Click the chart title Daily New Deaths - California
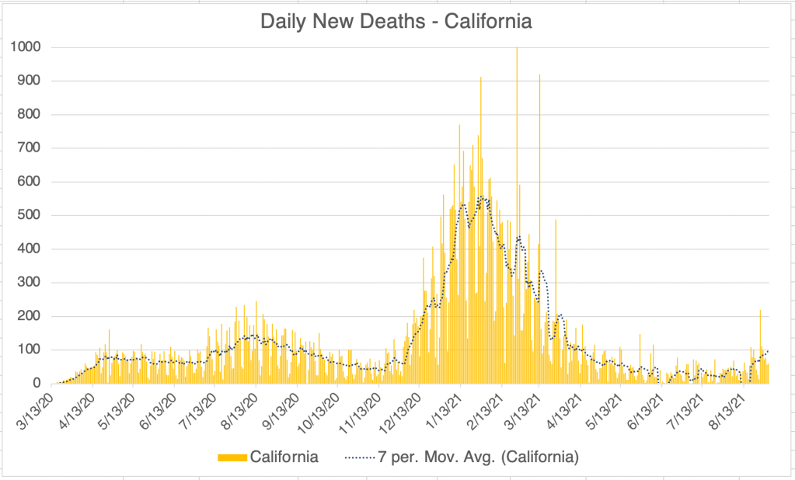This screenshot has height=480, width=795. click(396, 21)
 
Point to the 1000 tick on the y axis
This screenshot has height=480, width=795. click(26, 47)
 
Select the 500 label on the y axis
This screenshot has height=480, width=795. click(30, 215)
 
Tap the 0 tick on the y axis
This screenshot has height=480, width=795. click(37, 384)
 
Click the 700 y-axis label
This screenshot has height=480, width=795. click(30, 148)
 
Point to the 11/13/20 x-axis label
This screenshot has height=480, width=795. click(361, 412)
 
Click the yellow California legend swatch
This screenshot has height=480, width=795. click(232, 457)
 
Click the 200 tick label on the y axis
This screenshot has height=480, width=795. click(30, 316)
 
